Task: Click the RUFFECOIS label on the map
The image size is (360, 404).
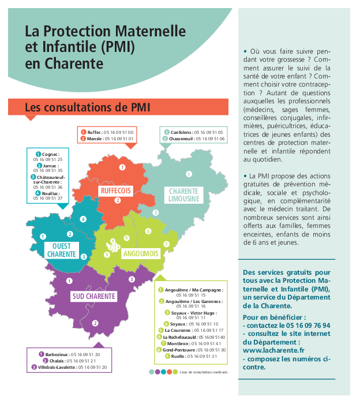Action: click(115, 190)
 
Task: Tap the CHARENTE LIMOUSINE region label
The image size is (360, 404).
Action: click(183, 194)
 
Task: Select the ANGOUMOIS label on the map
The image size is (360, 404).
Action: click(140, 253)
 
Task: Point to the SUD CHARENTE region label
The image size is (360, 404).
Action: click(93, 297)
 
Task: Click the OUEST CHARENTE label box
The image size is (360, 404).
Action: click(61, 250)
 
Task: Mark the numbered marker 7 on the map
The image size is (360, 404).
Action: click(166, 244)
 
